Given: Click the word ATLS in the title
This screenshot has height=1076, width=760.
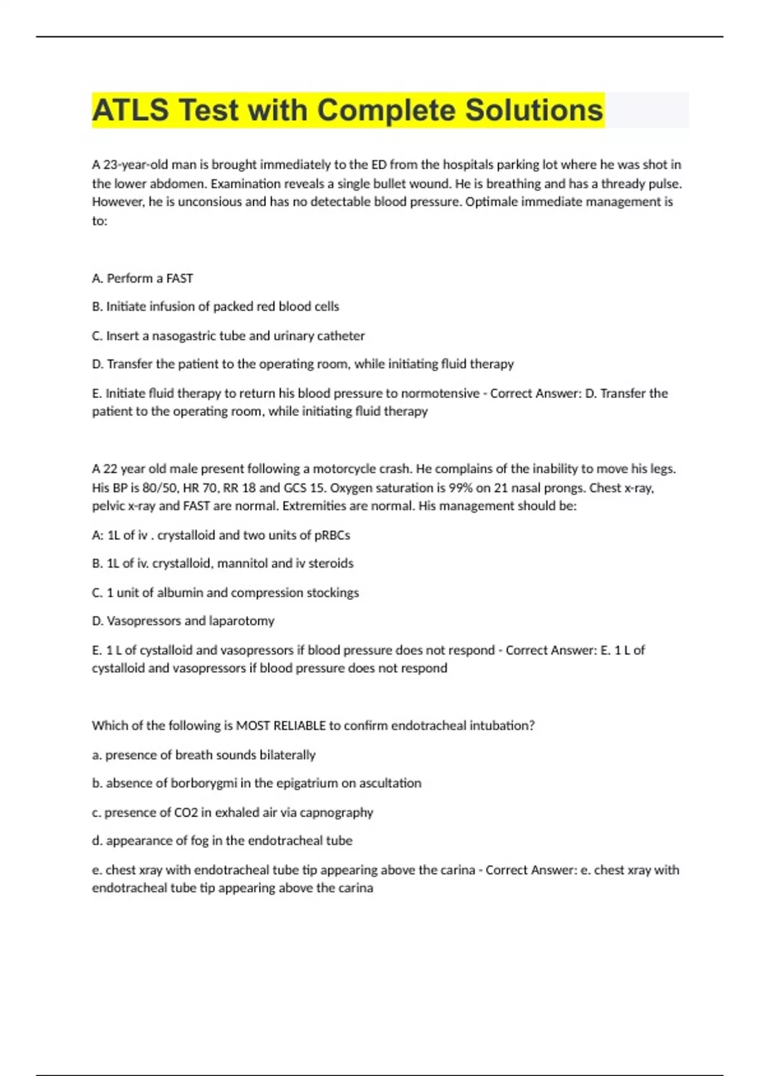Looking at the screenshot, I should (130, 110).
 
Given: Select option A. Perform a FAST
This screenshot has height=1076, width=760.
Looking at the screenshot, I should (142, 278).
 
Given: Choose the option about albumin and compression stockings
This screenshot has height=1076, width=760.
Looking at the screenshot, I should (225, 593).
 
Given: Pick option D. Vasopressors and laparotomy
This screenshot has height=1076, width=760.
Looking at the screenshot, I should (183, 621).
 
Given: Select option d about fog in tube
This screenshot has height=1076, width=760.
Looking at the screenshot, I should (222, 841).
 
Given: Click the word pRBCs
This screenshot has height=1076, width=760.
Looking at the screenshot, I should (332, 535).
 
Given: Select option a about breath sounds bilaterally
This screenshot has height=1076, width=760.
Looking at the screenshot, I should (203, 755).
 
